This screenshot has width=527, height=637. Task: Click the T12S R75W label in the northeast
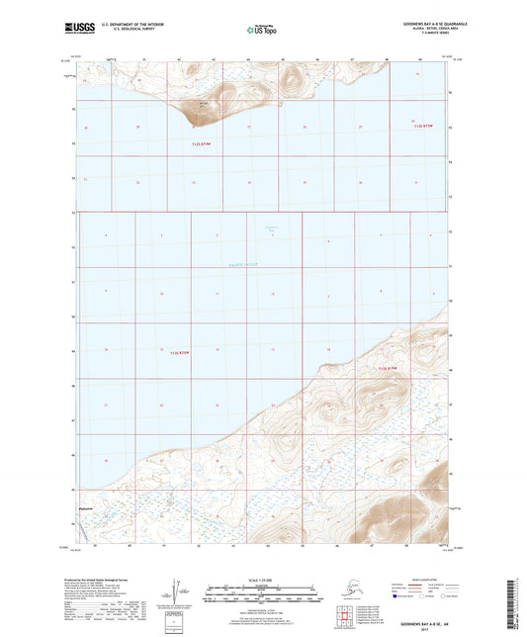(423, 127)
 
